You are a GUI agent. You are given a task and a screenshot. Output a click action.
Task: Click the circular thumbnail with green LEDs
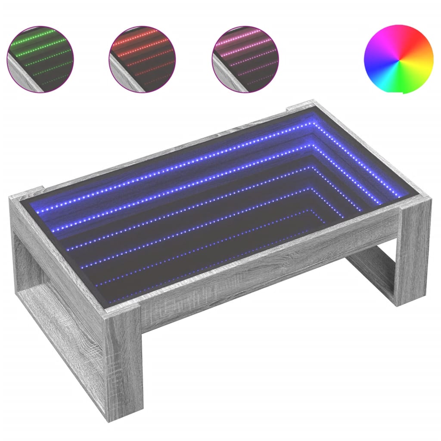tap(40, 59)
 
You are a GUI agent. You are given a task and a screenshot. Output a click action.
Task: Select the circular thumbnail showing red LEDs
tap(143, 59)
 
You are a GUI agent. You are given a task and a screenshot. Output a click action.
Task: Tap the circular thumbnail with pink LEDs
tap(245, 59)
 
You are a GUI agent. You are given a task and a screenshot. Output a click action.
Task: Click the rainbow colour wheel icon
tap(398, 59)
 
